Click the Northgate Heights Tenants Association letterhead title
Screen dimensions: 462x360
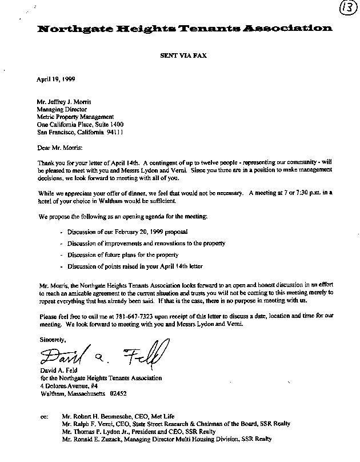[183, 29]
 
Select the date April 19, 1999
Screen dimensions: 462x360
[56, 80]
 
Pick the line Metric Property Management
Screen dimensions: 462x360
[75, 115]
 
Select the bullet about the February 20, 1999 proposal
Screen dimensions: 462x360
[127, 232]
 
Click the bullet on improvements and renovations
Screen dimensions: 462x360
[146, 243]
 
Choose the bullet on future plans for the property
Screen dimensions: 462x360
[123, 254]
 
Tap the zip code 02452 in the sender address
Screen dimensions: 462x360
[118, 394]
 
